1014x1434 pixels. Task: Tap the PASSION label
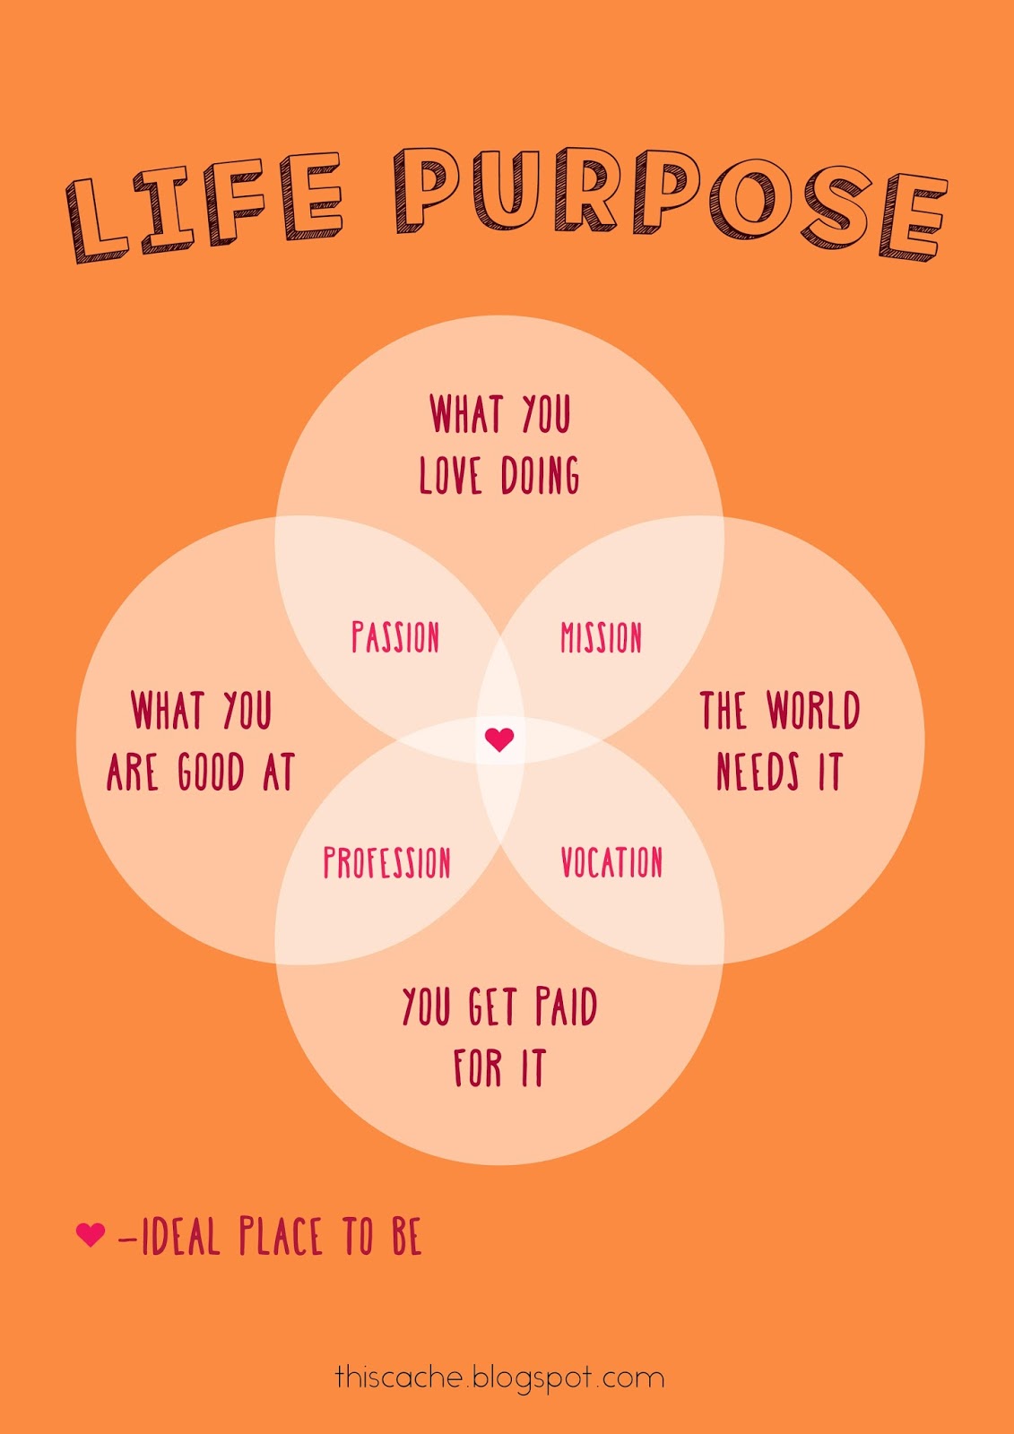coord(395,637)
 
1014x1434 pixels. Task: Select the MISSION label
coord(601,637)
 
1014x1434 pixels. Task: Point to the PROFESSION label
coord(386,862)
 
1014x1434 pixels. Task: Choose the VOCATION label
coord(611,862)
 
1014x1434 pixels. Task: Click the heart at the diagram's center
coord(499,739)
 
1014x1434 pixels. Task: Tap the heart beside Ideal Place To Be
coord(91,1234)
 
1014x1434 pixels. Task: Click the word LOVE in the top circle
coord(450,475)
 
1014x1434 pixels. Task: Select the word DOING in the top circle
coord(540,475)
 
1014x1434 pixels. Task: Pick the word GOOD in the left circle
coord(211,772)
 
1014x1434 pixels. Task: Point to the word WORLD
coord(813,711)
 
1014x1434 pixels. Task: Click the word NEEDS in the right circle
coord(758,772)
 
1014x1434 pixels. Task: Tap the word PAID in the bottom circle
coord(566,1006)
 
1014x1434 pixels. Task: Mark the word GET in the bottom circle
coord(492,1006)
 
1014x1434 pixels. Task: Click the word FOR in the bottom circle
coord(477,1068)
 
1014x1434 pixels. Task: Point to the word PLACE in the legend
coord(280,1238)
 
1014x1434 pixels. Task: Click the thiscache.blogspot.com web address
coord(499,1378)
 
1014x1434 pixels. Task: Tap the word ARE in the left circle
coord(133,772)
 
